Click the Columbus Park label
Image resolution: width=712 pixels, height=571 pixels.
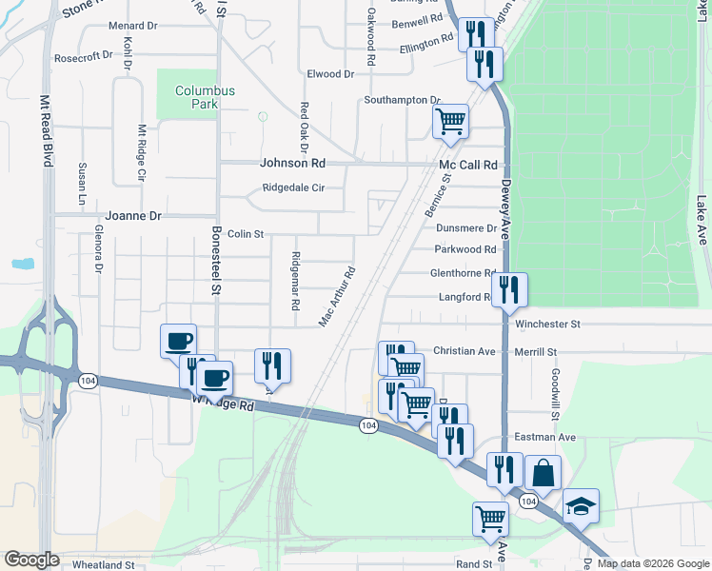(204, 97)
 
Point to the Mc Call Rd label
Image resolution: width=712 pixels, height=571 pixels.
(468, 165)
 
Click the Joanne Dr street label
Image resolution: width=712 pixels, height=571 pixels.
(134, 216)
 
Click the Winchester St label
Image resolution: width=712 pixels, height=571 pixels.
(547, 325)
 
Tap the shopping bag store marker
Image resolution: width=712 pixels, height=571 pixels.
(542, 473)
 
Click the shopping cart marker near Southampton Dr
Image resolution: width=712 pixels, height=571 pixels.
(450, 122)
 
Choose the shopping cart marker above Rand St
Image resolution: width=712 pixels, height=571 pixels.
(490, 520)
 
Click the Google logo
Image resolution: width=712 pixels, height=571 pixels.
(32, 559)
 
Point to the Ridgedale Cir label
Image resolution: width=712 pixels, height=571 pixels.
(294, 187)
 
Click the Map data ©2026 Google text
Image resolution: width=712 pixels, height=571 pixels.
(653, 564)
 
